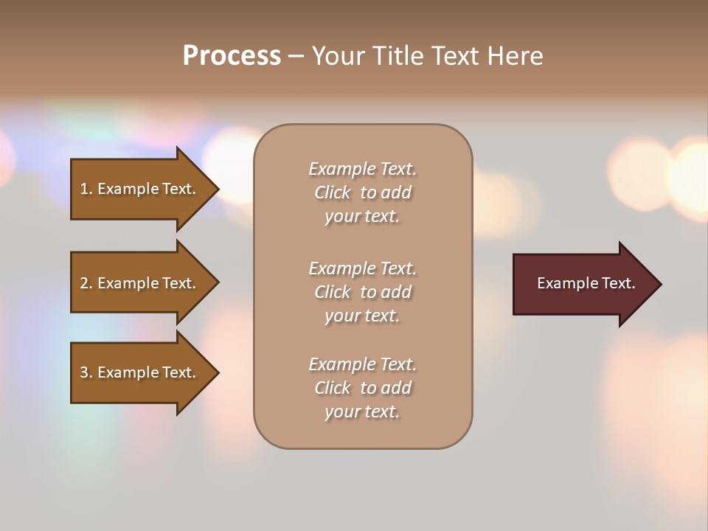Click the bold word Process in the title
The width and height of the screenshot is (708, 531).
[232, 56]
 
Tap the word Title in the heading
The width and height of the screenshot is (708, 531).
[398, 56]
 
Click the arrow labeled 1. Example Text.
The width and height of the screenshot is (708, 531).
[140, 189]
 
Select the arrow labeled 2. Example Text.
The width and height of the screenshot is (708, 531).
[140, 283]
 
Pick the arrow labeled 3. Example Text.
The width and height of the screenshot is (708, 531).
[140, 372]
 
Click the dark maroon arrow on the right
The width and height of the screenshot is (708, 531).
[583, 284]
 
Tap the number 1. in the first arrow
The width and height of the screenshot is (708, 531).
[86, 189]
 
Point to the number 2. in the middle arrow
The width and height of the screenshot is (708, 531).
[86, 283]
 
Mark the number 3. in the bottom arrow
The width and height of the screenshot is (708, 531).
[86, 372]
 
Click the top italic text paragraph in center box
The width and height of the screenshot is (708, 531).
[362, 192]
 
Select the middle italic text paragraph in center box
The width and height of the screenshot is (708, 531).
[362, 292]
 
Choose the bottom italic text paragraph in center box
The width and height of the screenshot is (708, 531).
[362, 388]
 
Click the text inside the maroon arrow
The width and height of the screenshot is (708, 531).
[586, 283]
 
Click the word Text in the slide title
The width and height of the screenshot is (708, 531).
[455, 56]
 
